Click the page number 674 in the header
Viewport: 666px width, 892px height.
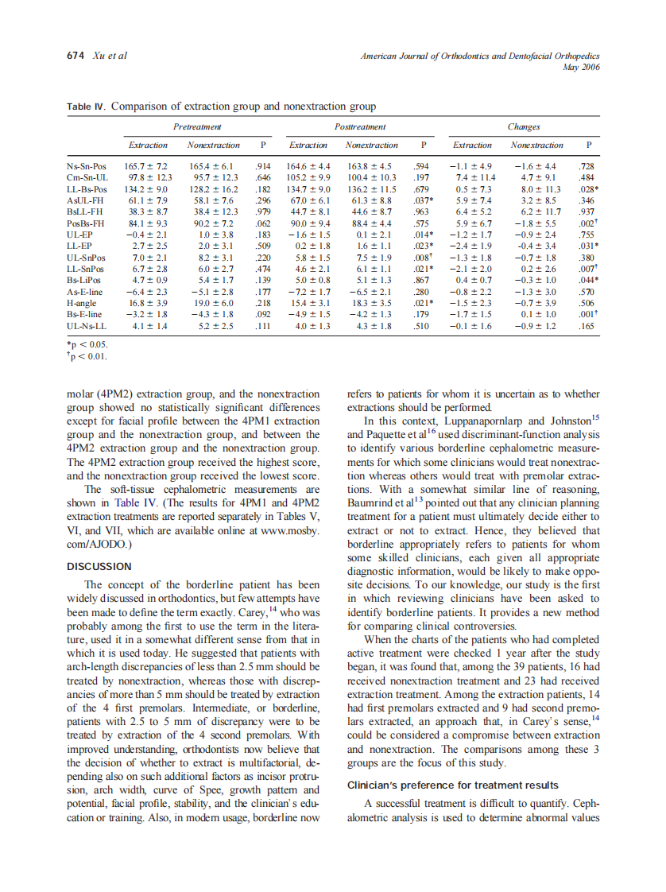click(76, 56)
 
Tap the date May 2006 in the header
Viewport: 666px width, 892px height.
click(581, 67)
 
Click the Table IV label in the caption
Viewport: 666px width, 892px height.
click(87, 107)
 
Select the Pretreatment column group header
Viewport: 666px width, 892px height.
click(197, 127)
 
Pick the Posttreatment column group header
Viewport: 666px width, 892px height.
click(360, 127)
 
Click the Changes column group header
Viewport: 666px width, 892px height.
click(523, 127)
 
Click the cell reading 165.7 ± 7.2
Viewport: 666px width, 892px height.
click(146, 166)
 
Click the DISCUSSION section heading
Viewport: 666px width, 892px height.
click(99, 566)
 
